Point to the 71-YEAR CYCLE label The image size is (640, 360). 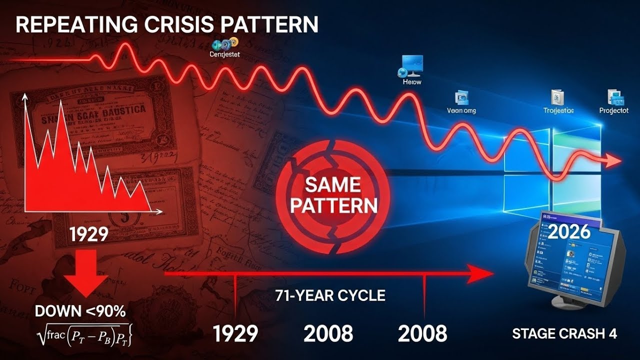[x=330, y=295]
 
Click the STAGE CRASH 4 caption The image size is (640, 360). [x=564, y=334]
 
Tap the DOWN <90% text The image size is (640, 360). [x=80, y=311]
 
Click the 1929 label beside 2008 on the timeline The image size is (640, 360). [x=235, y=333]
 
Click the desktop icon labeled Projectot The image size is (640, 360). [x=613, y=96]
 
